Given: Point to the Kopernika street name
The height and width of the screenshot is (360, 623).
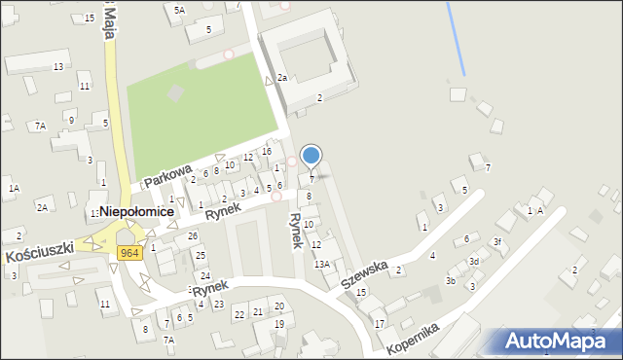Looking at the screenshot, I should tap(414, 339).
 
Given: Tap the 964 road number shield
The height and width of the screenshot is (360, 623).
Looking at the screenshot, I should tap(129, 253).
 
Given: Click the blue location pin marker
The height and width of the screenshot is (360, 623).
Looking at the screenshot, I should tap(311, 156).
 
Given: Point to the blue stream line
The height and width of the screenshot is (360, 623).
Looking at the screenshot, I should tap(456, 39).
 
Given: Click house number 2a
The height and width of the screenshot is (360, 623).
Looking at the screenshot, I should tap(281, 77).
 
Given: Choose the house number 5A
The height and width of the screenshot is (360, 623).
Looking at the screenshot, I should tap(179, 10).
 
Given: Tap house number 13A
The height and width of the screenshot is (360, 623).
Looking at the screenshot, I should tap(321, 264).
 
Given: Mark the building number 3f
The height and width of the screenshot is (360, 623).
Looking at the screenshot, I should tap(496, 241).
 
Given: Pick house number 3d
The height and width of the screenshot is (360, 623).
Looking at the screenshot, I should tap(474, 261).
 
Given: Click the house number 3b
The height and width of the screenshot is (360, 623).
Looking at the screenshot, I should tap(451, 281).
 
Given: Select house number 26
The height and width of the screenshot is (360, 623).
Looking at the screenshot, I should tap(193, 236).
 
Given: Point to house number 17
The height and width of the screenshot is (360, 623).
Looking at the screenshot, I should tap(380, 323).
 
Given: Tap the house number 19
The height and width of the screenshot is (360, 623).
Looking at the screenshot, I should tap(279, 324).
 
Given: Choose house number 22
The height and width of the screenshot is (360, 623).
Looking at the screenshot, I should tap(238, 313).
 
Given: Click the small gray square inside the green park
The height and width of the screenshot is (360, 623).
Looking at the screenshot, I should tap(175, 93).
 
